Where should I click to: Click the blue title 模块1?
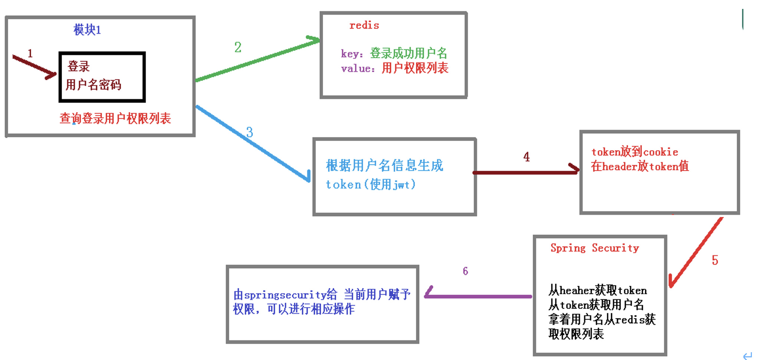pos(87,30)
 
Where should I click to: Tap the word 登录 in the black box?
pos(79,66)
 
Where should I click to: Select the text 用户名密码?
pos(93,85)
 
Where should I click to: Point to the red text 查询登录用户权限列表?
pos(115,118)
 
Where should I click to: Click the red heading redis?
pos(364,26)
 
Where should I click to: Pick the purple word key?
pos(350,54)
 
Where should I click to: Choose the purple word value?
pos(356,69)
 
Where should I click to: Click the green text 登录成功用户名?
pos(408,53)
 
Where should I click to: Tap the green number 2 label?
pos(238,47)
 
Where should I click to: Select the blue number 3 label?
pos(249,132)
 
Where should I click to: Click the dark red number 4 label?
pos(526,157)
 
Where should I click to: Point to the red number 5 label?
pos(715,260)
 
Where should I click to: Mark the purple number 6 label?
pos(465,271)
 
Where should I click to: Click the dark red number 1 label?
pos(30,53)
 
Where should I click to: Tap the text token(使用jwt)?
pos(371,184)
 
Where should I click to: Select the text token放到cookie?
pos(634,152)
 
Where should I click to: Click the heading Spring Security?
pos(595,248)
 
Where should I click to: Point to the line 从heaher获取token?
pos(598,290)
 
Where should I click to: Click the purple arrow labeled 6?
pos(479,296)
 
